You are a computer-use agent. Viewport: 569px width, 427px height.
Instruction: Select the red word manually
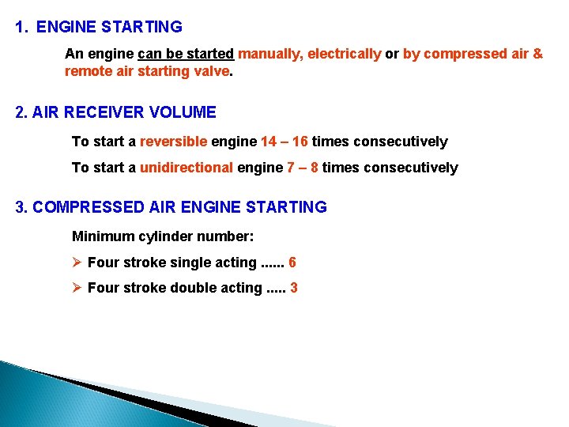point(269,54)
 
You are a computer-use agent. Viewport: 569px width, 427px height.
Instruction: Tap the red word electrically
point(344,54)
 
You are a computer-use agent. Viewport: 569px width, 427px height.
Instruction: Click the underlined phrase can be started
point(186,54)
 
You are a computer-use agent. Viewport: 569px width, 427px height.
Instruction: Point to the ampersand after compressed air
point(537,54)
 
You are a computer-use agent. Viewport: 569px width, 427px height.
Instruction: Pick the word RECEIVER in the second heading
point(104,112)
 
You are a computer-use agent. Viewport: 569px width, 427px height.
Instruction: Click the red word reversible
point(173,142)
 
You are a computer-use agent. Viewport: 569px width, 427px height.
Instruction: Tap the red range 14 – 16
point(284,142)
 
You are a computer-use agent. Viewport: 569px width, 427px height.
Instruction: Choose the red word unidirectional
point(186,168)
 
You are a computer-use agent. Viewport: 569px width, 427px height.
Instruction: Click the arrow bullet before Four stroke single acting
point(77,263)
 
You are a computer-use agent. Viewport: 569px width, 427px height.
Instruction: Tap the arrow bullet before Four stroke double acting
point(77,288)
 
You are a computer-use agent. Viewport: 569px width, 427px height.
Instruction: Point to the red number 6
point(292,263)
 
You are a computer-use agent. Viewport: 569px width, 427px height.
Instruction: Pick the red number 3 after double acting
point(294,288)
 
